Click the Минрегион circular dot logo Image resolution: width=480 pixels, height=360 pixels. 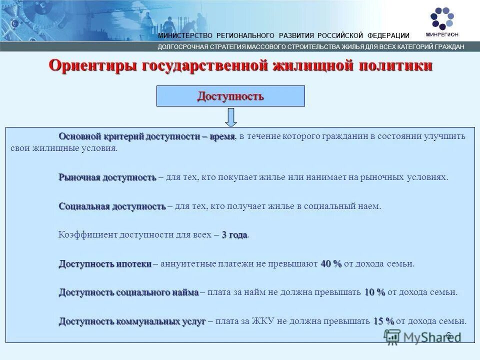pos(441,18)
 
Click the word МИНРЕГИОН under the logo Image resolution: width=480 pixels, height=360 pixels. pos(442,34)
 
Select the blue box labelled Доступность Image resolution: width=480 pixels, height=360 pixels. pos(230,95)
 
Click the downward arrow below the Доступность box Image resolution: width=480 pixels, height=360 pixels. pos(230,117)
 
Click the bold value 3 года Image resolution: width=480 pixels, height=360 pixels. pos(234,235)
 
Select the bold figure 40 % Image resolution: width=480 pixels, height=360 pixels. pos(331,263)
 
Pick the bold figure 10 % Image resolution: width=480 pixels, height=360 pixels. pos(374,292)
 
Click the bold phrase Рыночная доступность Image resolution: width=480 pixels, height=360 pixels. pos(107,177)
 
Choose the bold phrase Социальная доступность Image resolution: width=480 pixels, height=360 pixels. pos(112,206)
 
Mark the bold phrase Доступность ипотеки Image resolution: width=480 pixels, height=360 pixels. pos(105,263)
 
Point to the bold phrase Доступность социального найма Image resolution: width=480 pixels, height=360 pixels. pos(128,292)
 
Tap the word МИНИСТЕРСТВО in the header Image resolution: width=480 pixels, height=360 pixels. pos(185,35)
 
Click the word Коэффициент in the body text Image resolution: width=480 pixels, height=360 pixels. pos(87,235)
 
